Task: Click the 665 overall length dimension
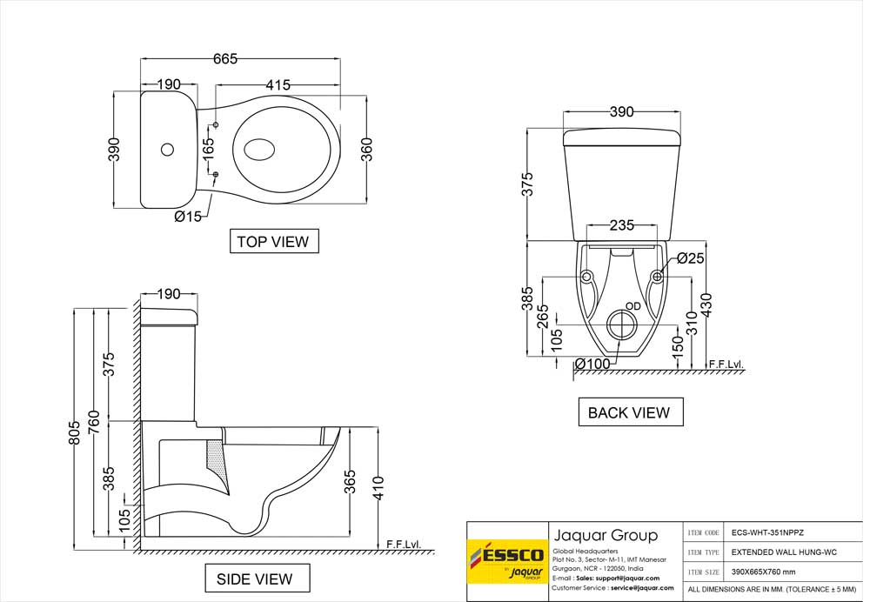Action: [x=225, y=58]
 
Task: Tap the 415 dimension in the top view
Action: [x=278, y=85]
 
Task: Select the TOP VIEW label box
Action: [x=274, y=241]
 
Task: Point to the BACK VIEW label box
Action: [x=630, y=412]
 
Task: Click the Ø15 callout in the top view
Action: [x=188, y=217]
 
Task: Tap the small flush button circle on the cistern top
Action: [x=167, y=150]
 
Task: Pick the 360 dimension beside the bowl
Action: [x=367, y=149]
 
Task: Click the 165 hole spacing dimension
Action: [x=208, y=149]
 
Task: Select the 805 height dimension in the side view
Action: [x=75, y=431]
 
